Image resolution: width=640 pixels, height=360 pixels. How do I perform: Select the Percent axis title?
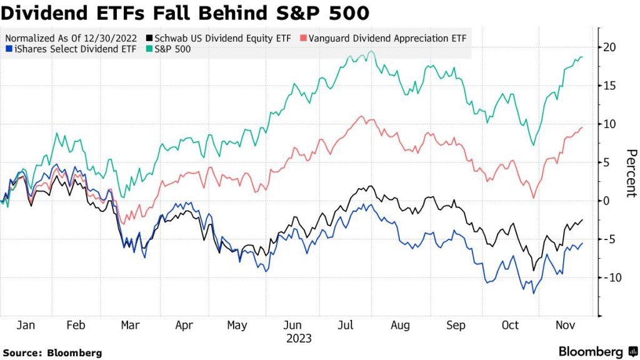(x=631, y=173)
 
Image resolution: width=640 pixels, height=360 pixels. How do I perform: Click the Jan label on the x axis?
(x=26, y=326)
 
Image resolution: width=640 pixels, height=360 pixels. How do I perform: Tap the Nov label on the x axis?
(x=565, y=326)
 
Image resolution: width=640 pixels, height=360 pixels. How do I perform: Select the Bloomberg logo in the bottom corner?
(x=597, y=351)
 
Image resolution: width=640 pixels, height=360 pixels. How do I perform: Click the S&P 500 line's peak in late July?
(x=371, y=51)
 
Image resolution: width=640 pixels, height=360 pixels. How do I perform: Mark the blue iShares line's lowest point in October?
(x=534, y=293)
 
